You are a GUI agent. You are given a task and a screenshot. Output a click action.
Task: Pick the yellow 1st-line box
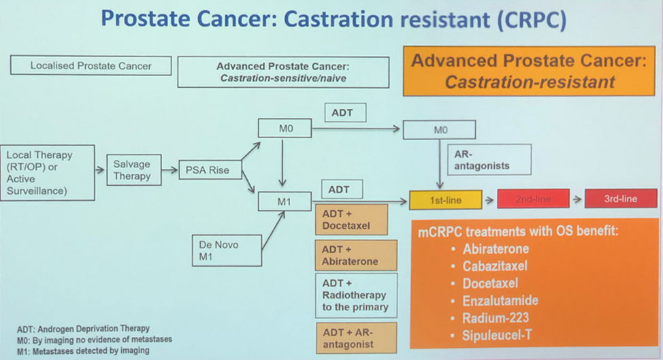(x=445, y=199)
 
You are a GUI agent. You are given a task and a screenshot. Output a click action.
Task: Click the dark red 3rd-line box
(x=620, y=199)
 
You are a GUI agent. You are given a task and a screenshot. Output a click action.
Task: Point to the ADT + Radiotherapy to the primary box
(x=355, y=295)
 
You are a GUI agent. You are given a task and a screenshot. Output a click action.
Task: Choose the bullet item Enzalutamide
(x=500, y=300)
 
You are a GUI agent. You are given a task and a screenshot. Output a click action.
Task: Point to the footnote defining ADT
(x=83, y=329)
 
